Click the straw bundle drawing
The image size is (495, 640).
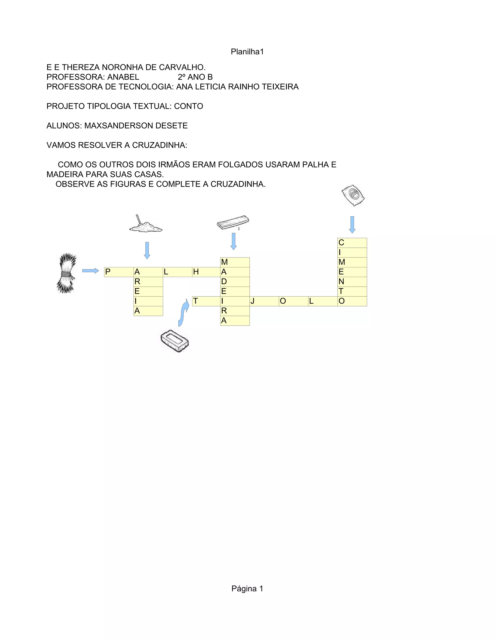[x=66, y=273]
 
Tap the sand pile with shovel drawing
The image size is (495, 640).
[x=146, y=225]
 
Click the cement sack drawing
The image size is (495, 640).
[x=353, y=195]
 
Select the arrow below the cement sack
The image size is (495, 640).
[x=352, y=224]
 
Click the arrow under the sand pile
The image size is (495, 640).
[x=147, y=250]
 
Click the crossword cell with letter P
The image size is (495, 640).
[x=119, y=272]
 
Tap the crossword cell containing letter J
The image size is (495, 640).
[x=264, y=301]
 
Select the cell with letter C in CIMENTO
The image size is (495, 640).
[x=352, y=243]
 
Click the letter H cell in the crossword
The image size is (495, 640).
[x=206, y=272]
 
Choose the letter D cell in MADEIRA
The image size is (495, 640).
[x=235, y=282]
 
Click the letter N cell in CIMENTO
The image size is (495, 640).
[x=352, y=282]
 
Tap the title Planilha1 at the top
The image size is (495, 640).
[x=247, y=52]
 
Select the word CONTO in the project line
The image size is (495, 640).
[x=189, y=106]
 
